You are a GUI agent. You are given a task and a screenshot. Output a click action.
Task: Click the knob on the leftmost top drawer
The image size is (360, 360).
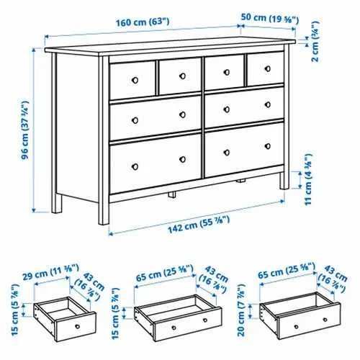pos(134,78)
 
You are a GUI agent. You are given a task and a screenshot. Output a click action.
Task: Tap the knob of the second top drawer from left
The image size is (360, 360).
pos(183,75)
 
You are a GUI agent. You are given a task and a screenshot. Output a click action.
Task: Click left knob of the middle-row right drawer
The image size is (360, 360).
pos(226,109)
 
